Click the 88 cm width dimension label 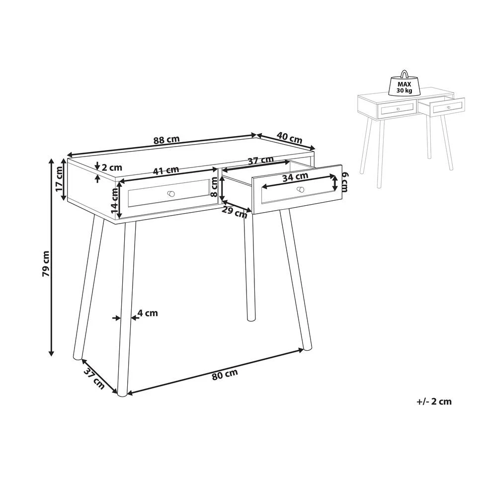click(166, 140)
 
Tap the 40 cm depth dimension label click(290, 138)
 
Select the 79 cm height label click(46, 264)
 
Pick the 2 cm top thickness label click(112, 167)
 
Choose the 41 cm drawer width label click(166, 170)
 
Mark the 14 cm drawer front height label click(114, 200)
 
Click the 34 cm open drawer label click(295, 176)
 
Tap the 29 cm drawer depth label click(234, 212)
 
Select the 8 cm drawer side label click(214, 187)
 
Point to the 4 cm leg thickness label click(148, 313)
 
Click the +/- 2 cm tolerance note click(434, 401)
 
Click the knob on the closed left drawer click(171, 193)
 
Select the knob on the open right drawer click(301, 189)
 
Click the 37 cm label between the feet click(94, 379)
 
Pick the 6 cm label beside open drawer click(345, 182)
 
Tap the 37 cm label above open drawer click(261, 160)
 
